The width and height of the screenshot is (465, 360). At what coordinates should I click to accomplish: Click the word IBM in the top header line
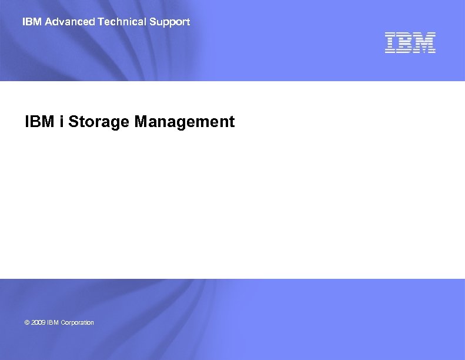click(x=32, y=22)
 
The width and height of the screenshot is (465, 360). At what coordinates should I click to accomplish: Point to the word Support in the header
click(x=170, y=22)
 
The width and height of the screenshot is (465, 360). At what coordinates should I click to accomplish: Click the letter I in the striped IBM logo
click(x=390, y=43)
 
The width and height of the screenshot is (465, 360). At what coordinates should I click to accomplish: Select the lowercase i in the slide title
click(x=62, y=122)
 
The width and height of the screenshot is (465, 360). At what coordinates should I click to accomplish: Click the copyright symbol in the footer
click(x=27, y=322)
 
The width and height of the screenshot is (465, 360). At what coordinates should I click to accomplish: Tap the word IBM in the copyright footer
click(x=53, y=322)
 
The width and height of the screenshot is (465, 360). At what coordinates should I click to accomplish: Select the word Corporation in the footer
click(x=77, y=322)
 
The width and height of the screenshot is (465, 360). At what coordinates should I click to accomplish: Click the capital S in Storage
click(x=73, y=122)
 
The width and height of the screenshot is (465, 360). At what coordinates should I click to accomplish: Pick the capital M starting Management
click(x=141, y=122)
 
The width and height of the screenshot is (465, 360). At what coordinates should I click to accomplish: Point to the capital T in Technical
click(x=101, y=22)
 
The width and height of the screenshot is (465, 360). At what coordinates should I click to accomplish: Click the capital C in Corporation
click(x=63, y=322)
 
